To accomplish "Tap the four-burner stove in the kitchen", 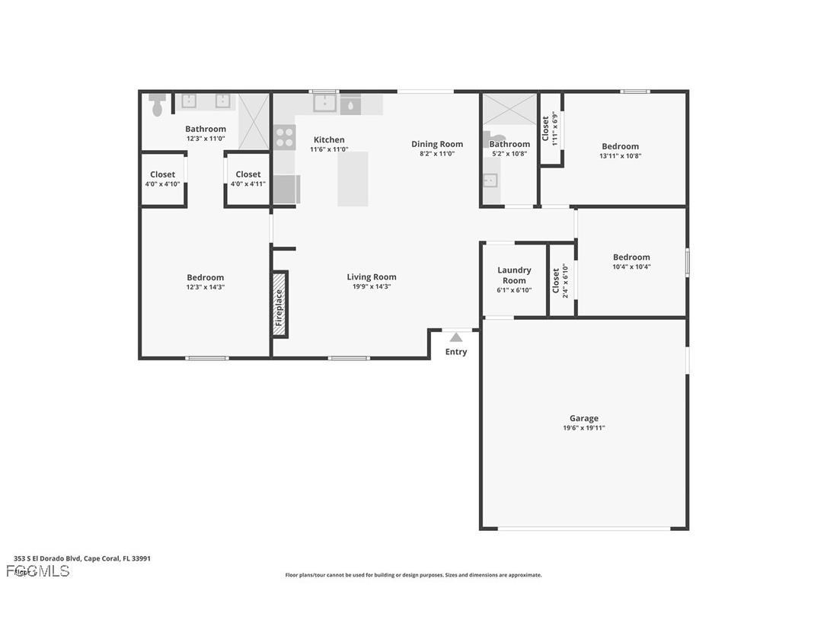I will (x=285, y=137).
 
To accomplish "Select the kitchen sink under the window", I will (x=324, y=104).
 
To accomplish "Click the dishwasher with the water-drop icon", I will (x=350, y=105).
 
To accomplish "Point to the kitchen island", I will (x=353, y=179).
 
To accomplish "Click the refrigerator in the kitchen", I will (x=286, y=189).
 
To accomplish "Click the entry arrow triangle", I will (x=455, y=337).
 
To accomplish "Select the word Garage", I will (x=583, y=418).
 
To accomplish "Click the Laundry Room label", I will (x=514, y=275).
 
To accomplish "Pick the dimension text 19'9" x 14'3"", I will (x=372, y=287).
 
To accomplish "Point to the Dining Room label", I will (x=437, y=144).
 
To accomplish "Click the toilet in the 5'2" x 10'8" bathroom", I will (x=489, y=140).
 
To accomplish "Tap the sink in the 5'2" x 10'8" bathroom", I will (x=490, y=181).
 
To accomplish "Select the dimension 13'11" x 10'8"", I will (x=620, y=156).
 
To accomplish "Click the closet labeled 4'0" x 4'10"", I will (x=162, y=179).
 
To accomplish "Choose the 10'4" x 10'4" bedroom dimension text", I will (x=631, y=267).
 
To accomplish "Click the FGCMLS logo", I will (x=38, y=570).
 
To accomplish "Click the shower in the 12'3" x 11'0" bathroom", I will (x=254, y=121).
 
